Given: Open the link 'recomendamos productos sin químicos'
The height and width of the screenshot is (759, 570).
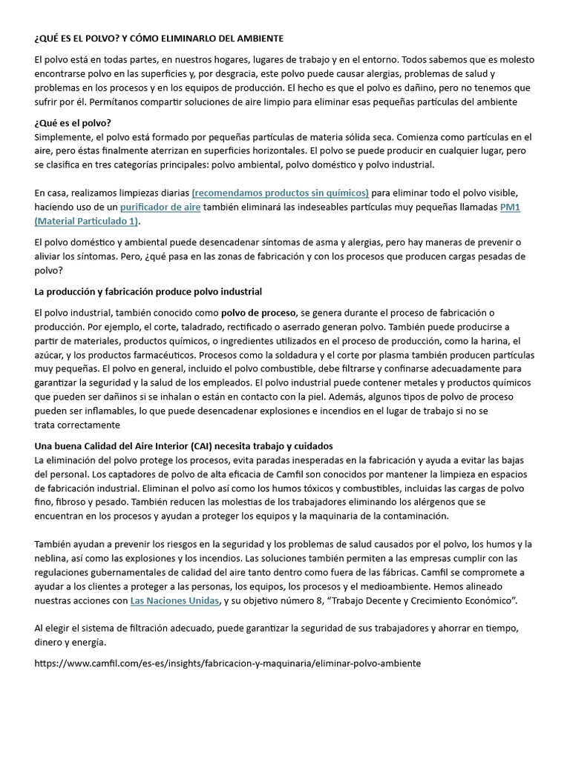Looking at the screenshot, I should coord(280,193).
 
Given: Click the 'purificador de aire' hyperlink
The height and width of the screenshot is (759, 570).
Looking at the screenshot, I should coord(160,207).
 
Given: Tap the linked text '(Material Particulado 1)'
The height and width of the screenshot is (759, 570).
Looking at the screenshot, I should coord(87,221).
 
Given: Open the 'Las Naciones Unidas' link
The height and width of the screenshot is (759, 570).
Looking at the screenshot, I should coord(174,600).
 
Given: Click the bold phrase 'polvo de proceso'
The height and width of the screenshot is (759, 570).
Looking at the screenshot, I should coord(258,313).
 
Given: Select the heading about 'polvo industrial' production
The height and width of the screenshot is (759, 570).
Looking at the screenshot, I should coord(148,291).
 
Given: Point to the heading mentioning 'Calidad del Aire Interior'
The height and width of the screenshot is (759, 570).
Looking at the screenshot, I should coord(184,446).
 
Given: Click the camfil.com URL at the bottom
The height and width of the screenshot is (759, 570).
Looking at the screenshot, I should coord(227,663).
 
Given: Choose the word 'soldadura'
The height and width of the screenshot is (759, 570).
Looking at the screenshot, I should coord(311,355).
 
